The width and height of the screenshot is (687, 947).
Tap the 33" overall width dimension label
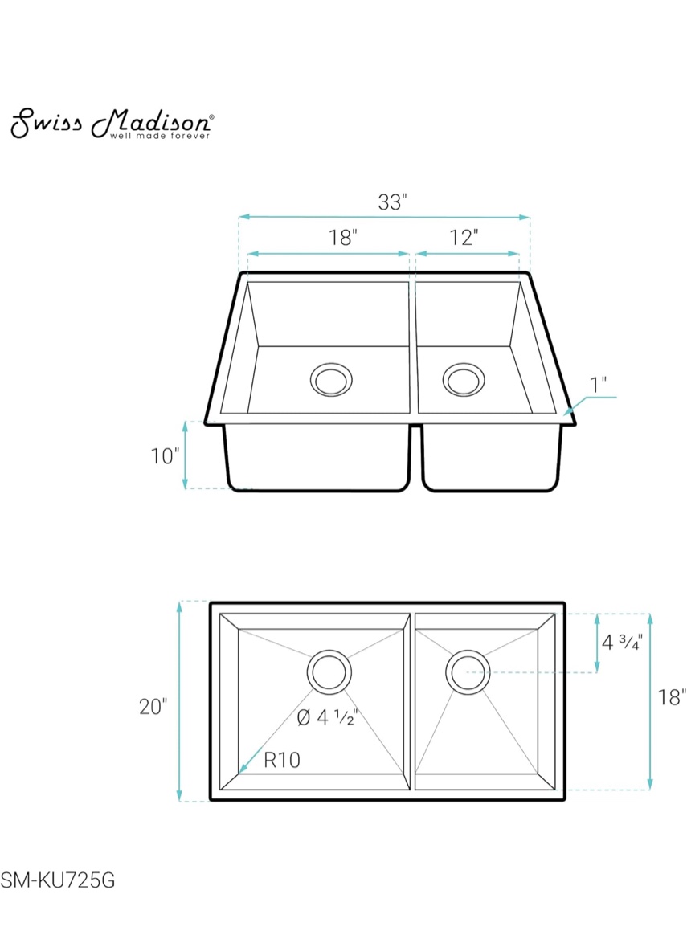393,202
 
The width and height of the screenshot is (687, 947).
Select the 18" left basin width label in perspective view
342,238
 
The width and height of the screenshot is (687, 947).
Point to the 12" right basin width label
464,238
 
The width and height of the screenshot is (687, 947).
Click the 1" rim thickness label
599,385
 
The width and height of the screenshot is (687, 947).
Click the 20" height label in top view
153,707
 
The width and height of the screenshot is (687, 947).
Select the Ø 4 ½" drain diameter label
326,717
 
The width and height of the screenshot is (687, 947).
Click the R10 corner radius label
281,760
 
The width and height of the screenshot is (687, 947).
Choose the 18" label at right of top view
672,697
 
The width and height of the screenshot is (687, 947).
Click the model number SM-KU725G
58,881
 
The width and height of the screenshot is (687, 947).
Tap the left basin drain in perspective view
330,378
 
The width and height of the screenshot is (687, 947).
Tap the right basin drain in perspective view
463,378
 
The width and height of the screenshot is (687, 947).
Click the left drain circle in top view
329,671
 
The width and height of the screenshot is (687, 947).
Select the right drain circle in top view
468,671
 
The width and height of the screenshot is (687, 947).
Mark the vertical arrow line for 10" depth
186,455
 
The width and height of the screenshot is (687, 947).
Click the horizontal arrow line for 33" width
384,217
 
